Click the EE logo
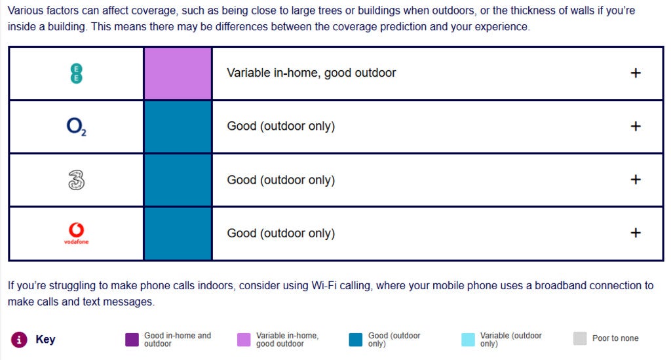pos(76,73)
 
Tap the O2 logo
pos(76,127)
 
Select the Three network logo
pos(76,180)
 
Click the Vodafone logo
pos(76,233)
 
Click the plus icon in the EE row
pos(636,73)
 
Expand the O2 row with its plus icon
pos(636,127)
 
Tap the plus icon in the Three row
pos(636,180)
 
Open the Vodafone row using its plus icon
pos(636,233)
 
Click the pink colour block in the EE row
pos(178,73)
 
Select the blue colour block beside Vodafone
pos(178,233)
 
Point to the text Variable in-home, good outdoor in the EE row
pos(311,73)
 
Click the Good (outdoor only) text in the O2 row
pos(280,127)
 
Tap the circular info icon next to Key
pos(19,340)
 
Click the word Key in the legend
pos(45,339)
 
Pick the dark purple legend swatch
pos(132,340)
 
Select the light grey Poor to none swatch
pos(580,338)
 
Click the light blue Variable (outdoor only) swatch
pos(468,340)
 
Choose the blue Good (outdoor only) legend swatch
pos(356,340)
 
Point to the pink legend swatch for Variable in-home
pos(244,340)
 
